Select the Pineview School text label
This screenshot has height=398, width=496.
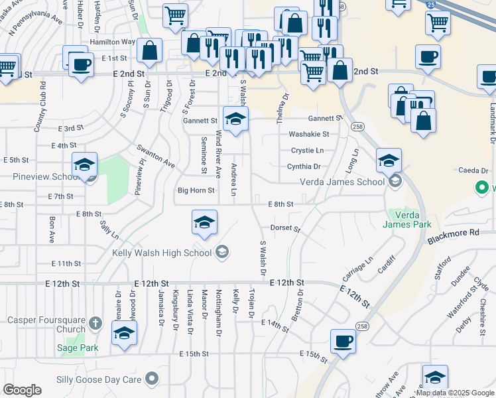click(x=46, y=177)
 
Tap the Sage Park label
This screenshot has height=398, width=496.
click(x=77, y=348)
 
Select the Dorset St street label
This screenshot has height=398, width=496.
click(x=285, y=228)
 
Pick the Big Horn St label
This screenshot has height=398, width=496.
click(x=196, y=190)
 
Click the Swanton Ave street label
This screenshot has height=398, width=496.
click(x=156, y=156)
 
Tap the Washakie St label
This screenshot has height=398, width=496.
click(x=308, y=134)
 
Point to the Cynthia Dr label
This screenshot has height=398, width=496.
click(x=304, y=167)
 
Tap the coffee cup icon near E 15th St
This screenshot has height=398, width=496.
click(x=343, y=340)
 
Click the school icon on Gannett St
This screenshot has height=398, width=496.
click(x=235, y=119)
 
